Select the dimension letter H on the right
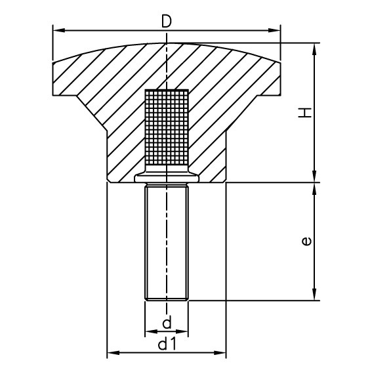coord(305,113)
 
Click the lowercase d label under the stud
coord(167,322)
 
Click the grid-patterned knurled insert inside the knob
coord(167,128)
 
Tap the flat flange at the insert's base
coord(167,177)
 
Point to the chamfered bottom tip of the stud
coord(167,299)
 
